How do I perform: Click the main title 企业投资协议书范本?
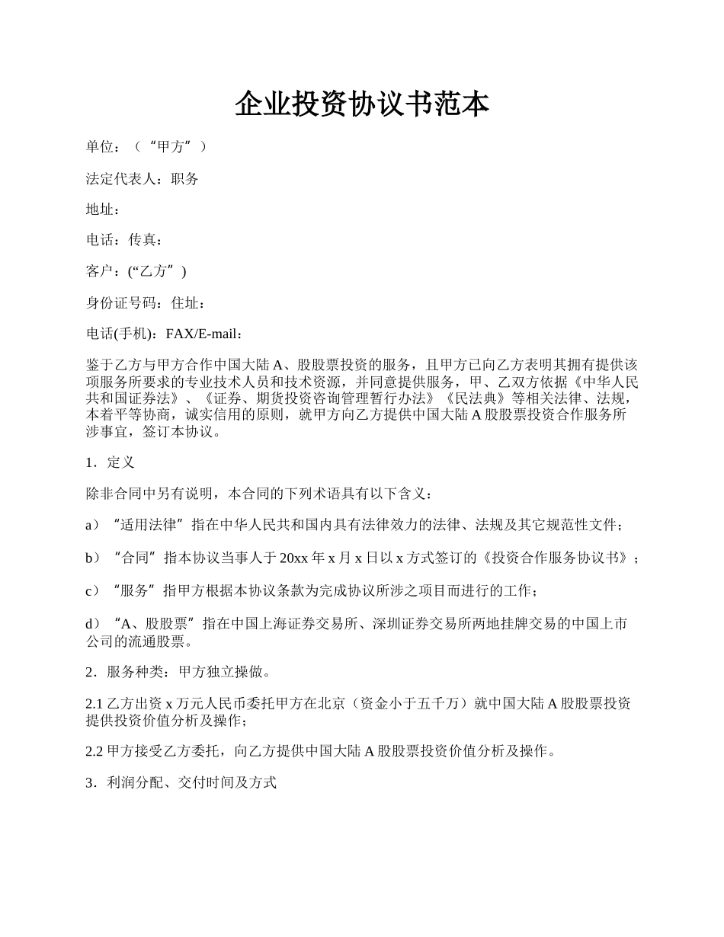click(x=361, y=104)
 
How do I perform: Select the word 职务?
click(x=185, y=179)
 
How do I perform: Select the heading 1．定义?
click(x=111, y=462)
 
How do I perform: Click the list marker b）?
click(x=93, y=558)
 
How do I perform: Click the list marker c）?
click(x=93, y=591)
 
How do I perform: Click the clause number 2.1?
click(x=95, y=705)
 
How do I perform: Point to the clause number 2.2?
click(x=95, y=752)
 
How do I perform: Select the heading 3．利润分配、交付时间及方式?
click(x=181, y=783)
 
